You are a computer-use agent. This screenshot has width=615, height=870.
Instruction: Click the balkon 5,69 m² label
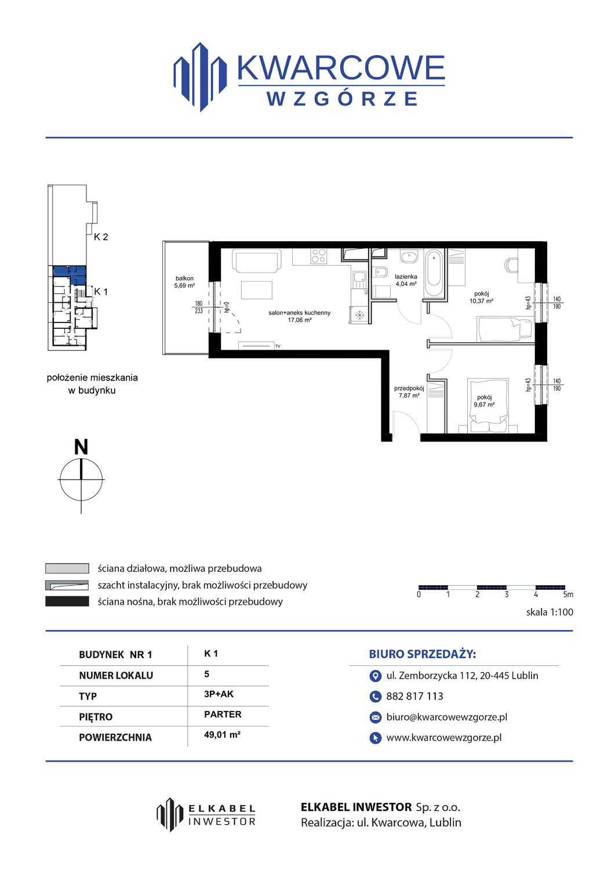184,282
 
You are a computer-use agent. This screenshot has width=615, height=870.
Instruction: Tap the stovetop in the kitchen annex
318,256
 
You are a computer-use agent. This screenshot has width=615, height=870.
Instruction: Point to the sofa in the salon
256,261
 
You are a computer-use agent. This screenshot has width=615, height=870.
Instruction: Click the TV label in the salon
278,346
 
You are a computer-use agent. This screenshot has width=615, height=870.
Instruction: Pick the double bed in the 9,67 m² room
489,405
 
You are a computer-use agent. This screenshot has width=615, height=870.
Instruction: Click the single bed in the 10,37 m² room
504,329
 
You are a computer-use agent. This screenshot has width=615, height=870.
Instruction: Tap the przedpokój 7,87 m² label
409,392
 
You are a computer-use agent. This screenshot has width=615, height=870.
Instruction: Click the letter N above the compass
81,447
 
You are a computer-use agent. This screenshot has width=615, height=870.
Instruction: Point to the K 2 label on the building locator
101,237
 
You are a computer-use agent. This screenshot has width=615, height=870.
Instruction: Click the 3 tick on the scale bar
506,594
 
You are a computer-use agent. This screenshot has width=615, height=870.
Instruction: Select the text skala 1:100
550,612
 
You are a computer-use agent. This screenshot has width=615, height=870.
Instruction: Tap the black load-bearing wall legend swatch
67,601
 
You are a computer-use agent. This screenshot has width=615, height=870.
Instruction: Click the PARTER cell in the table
223,714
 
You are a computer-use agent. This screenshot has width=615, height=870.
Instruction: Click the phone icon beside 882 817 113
375,697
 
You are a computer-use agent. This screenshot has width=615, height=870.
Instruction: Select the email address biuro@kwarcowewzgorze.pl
447,717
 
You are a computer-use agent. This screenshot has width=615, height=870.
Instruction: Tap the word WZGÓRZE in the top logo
342,99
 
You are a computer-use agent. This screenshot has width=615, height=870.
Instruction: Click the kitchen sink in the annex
359,277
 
